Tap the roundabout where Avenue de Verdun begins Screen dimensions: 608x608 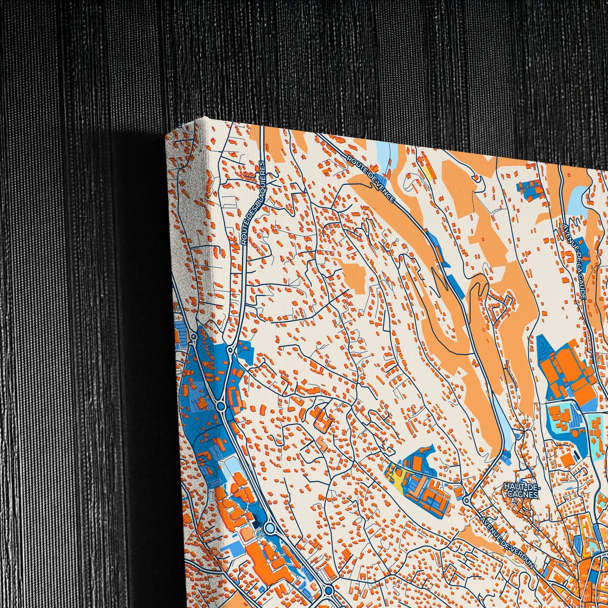click(466, 501)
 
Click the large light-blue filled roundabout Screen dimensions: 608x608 click(269, 527)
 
